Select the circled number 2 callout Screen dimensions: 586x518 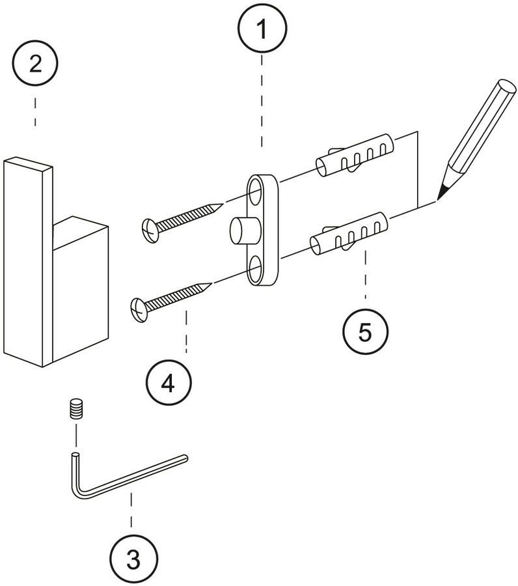click(x=35, y=63)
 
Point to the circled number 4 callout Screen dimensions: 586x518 click(x=167, y=384)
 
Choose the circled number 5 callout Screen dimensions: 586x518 click(x=365, y=331)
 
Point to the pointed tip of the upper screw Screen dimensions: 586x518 click(x=220, y=205)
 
